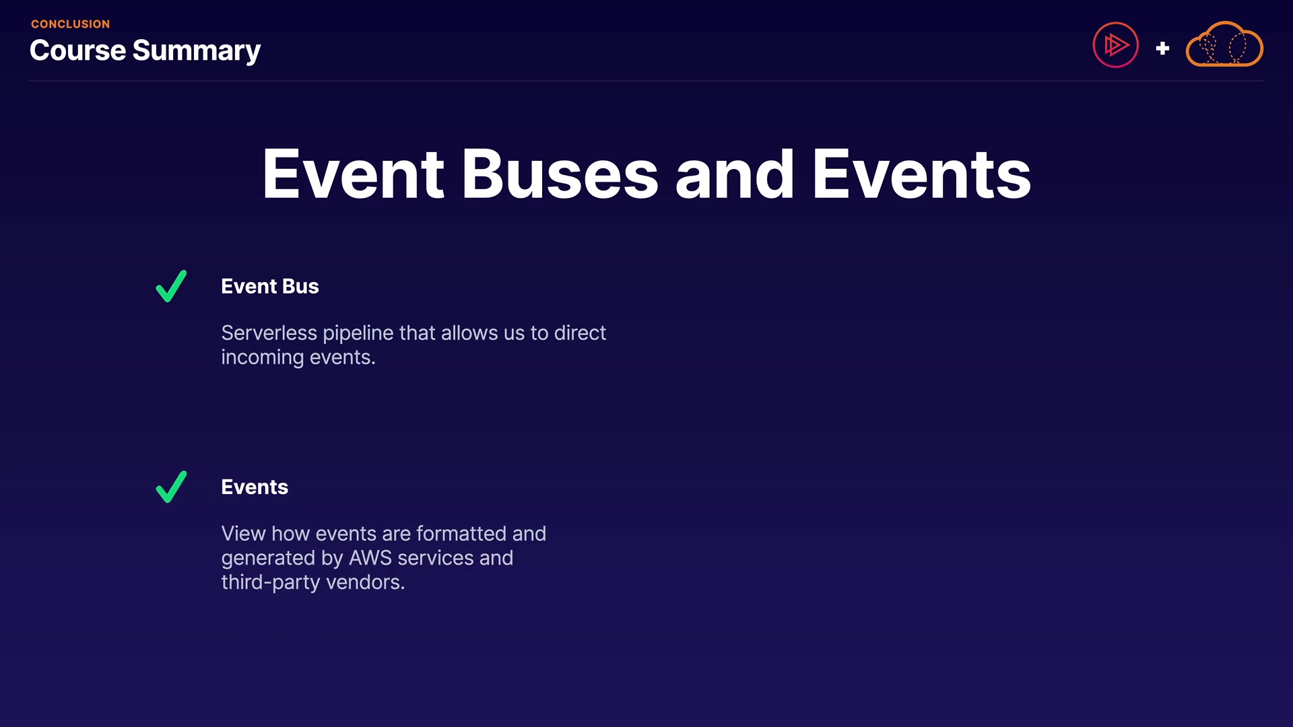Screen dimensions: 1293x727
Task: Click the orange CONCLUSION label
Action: pos(70,24)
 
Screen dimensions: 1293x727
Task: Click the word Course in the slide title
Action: pos(77,50)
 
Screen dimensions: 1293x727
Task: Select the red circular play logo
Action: pos(1115,45)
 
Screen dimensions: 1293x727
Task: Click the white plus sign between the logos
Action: pos(1162,48)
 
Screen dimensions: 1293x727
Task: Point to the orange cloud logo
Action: pos(1224,44)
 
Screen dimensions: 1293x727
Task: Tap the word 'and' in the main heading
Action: pos(735,174)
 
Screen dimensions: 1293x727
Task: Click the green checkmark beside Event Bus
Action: pos(171,286)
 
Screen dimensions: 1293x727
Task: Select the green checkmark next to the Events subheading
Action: pos(171,487)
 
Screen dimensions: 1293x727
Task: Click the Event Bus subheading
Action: pos(270,286)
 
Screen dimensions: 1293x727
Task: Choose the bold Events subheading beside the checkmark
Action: pos(255,487)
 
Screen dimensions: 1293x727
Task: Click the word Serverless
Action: pos(269,333)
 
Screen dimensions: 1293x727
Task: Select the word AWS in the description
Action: pos(370,558)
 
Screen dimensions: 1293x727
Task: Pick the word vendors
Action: pos(366,582)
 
